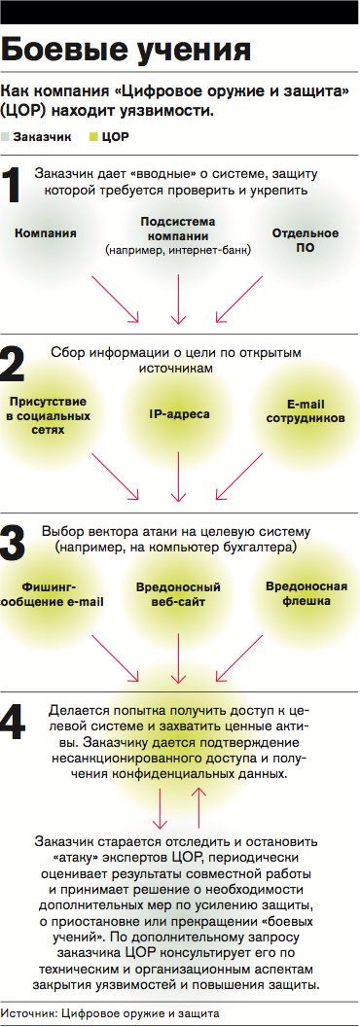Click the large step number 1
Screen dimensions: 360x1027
click(x=12, y=186)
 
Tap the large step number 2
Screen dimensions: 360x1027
click(x=13, y=364)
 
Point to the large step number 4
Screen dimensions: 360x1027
click(x=14, y=725)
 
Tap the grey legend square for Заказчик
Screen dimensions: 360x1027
click(x=6, y=137)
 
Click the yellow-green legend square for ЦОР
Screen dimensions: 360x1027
click(x=93, y=137)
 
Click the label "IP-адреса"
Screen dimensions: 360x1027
click(x=179, y=414)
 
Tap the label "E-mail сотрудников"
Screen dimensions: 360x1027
click(x=306, y=410)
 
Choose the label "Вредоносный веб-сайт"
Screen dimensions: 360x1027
click(x=178, y=593)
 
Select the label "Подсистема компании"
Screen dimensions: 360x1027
click(x=178, y=229)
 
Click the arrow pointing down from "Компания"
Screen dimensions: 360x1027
click(x=115, y=299)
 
